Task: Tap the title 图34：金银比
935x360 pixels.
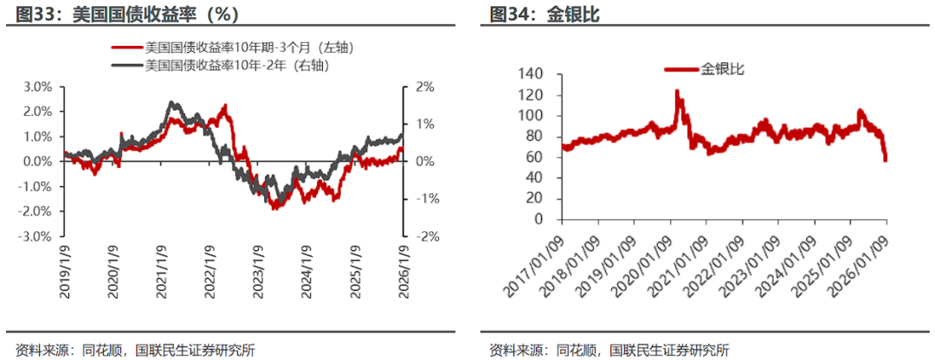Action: pos(545,15)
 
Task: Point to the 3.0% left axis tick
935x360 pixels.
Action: pos(38,87)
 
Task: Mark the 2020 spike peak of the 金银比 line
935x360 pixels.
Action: pos(677,90)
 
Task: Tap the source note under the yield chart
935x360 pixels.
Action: pos(130,350)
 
